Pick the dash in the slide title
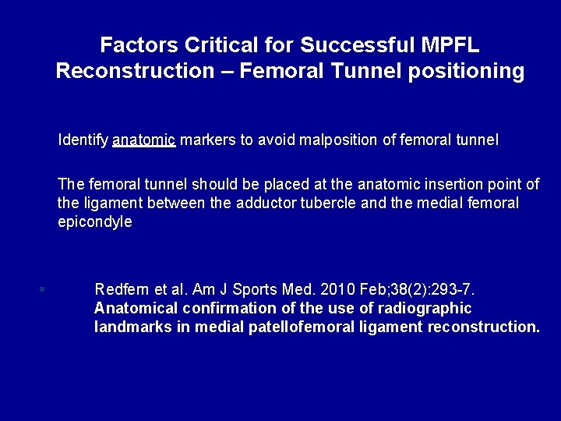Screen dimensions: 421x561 click(227, 72)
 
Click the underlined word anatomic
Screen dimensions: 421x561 click(143, 140)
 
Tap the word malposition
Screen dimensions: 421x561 click(322, 140)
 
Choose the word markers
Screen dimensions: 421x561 click(208, 140)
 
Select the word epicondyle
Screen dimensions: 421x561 click(95, 222)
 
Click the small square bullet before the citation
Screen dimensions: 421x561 click(42, 290)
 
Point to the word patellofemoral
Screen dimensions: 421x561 click(299, 327)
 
